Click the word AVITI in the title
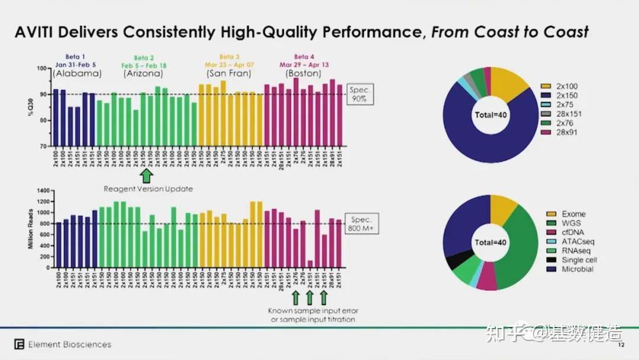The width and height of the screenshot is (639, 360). [36, 31]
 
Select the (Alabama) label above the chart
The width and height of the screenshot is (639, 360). [77, 74]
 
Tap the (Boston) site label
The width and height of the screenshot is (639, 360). [304, 74]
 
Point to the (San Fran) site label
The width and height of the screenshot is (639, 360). [228, 74]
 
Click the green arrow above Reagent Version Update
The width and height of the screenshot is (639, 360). [146, 176]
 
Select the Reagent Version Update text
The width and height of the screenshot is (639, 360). [149, 189]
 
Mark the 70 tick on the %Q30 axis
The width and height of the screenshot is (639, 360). [43, 146]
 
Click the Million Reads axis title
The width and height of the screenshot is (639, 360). [30, 229]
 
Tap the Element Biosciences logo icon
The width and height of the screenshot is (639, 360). [20, 344]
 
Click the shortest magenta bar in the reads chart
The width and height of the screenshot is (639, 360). [310, 263]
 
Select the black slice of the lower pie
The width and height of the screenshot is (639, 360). [454, 261]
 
